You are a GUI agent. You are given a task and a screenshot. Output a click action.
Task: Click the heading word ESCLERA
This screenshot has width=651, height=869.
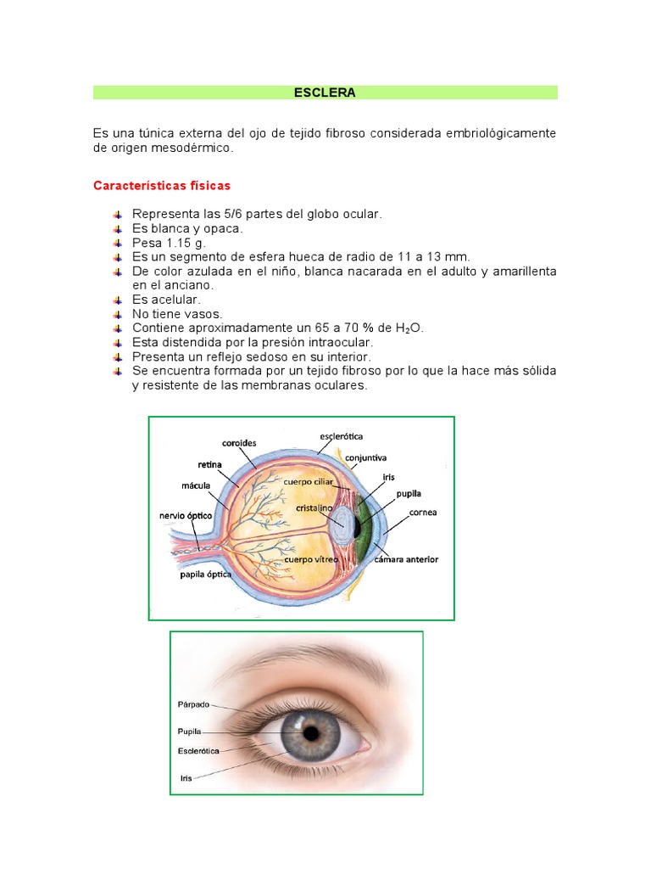click(325, 93)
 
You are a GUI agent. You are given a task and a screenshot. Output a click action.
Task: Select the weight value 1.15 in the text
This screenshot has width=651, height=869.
click(176, 243)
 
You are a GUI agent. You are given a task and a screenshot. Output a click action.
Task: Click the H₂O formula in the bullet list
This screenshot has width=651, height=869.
click(409, 328)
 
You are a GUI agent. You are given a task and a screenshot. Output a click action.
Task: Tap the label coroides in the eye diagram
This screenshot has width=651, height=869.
click(239, 442)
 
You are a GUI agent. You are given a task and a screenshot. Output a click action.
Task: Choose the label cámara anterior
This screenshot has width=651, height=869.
click(401, 560)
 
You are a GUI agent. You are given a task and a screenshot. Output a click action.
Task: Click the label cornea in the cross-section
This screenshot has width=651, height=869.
click(422, 513)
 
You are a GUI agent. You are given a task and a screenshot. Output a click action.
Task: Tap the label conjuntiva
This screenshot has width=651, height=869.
click(365, 457)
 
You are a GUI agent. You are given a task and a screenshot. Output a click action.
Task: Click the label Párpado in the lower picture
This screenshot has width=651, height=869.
click(192, 704)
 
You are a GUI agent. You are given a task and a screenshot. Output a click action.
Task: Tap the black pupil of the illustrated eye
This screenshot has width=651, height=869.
click(311, 732)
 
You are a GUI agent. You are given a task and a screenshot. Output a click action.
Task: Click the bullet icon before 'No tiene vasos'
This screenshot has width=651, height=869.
click(116, 314)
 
